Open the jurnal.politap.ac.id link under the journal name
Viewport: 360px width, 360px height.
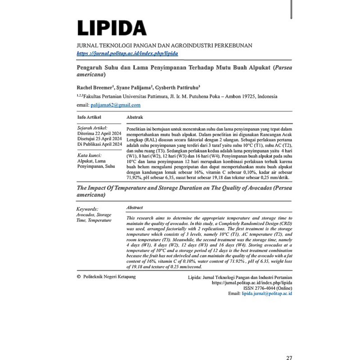click(127, 53)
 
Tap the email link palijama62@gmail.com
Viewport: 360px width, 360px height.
click(116, 105)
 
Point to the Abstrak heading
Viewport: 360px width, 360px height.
click(135, 117)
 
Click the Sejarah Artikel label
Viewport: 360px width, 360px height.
click(93, 127)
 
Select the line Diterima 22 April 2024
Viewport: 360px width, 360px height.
click(99, 133)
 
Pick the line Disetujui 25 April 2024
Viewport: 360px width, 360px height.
click(99, 139)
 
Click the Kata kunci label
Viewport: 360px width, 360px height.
click(90, 155)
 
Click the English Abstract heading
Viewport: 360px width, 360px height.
click(135, 208)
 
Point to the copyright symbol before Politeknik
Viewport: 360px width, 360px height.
click(79, 277)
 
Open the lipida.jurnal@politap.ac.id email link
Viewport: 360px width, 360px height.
click(267, 293)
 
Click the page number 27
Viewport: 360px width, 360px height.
click(289, 358)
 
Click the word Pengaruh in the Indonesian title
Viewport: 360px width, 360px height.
click(90, 66)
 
